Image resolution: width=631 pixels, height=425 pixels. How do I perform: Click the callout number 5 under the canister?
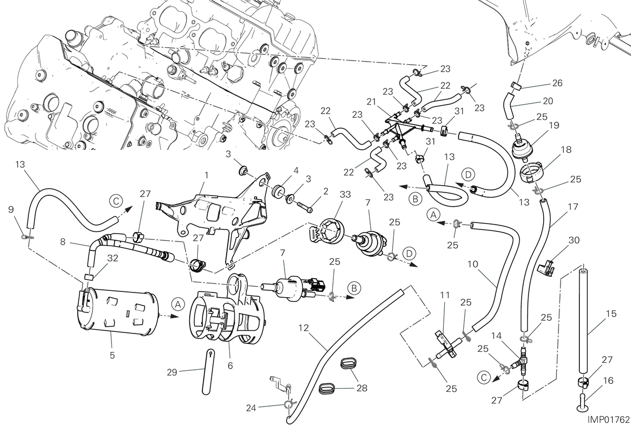(x=113, y=356)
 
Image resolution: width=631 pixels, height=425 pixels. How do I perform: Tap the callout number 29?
(x=172, y=372)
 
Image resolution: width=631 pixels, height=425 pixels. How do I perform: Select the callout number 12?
(x=304, y=328)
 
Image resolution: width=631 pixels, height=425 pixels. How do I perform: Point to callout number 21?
(x=372, y=102)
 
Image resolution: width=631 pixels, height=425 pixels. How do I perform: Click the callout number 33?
(x=345, y=195)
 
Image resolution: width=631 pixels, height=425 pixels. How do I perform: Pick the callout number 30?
(x=574, y=240)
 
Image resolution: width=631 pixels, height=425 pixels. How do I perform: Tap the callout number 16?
(x=608, y=381)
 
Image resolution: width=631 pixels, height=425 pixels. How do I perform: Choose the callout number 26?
(x=557, y=83)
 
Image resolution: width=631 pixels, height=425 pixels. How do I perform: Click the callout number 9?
(x=11, y=209)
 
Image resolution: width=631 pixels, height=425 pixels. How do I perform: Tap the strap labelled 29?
(x=209, y=372)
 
